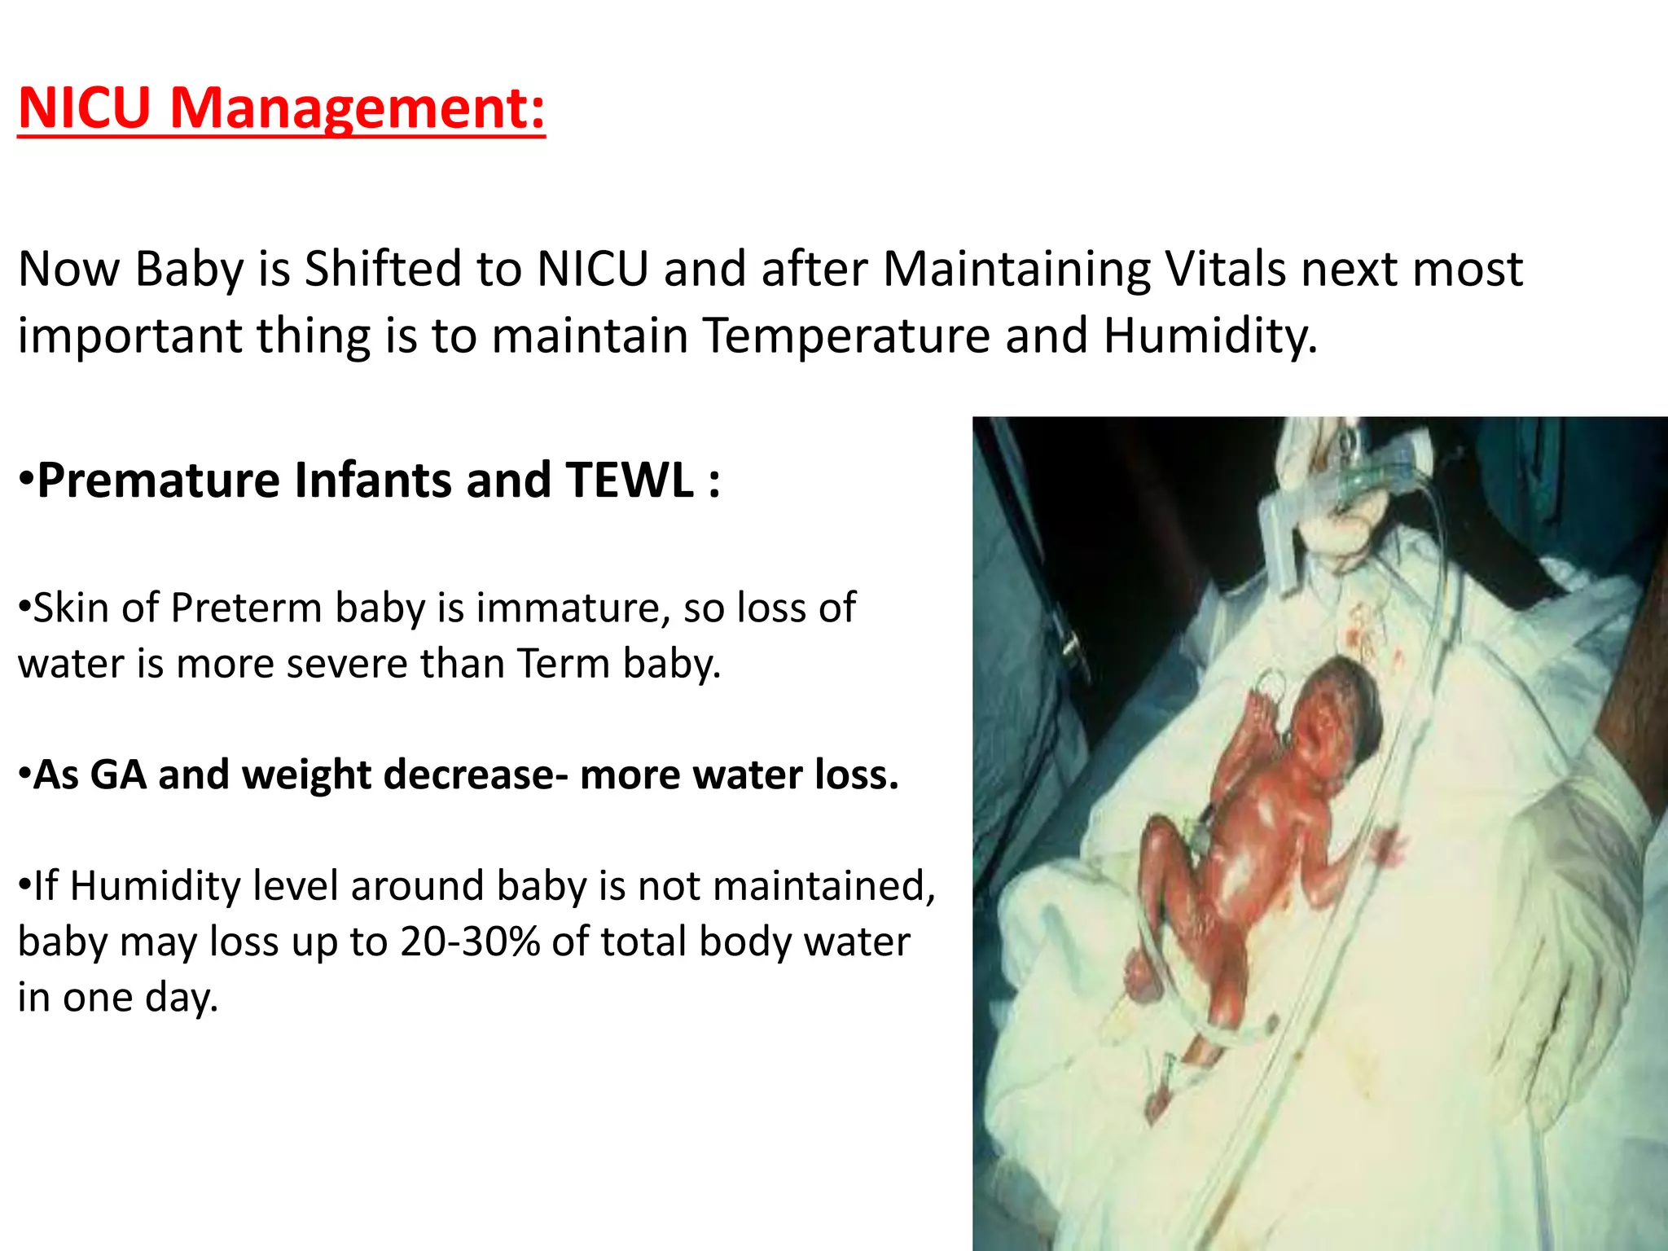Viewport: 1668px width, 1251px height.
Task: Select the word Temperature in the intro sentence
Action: [845, 336]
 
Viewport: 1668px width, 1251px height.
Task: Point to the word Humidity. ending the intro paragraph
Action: [1210, 336]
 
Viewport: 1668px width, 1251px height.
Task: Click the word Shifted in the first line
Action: [413, 269]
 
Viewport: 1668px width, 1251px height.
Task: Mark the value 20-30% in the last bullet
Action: [470, 942]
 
